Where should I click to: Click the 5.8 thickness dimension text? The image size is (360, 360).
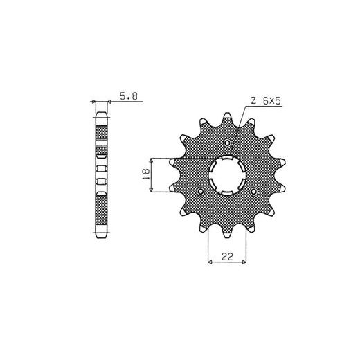click(x=129, y=96)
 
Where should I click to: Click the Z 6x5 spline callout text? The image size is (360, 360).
click(x=265, y=101)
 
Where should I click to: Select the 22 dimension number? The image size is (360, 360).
click(x=227, y=257)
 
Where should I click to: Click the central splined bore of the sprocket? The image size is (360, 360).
click(x=228, y=175)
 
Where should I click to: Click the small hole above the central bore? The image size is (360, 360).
click(x=228, y=143)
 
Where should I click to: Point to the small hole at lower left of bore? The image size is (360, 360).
click(x=201, y=191)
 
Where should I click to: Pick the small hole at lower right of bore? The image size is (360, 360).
click(x=254, y=191)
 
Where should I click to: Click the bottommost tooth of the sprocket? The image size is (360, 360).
click(x=228, y=233)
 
